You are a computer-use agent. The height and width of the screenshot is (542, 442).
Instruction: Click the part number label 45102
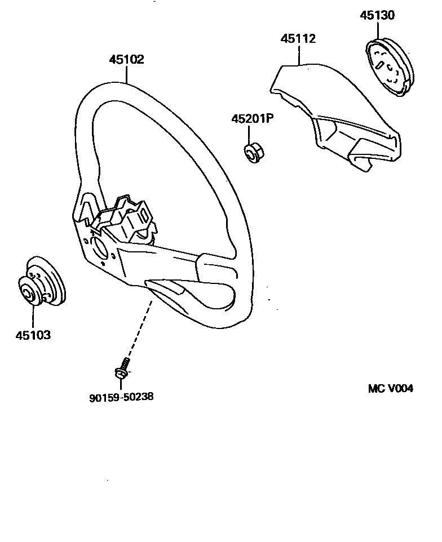tap(127, 60)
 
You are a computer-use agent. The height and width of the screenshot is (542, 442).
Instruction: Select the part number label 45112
tap(299, 39)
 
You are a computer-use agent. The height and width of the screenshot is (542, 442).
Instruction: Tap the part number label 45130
tap(377, 15)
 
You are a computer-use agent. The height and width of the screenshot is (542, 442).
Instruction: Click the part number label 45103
tap(33, 335)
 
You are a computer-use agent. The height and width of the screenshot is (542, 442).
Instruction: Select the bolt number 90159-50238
tap(121, 397)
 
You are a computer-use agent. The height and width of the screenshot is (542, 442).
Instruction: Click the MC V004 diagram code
tap(391, 389)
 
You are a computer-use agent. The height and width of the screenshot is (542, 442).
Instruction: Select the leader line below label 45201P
tap(250, 135)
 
